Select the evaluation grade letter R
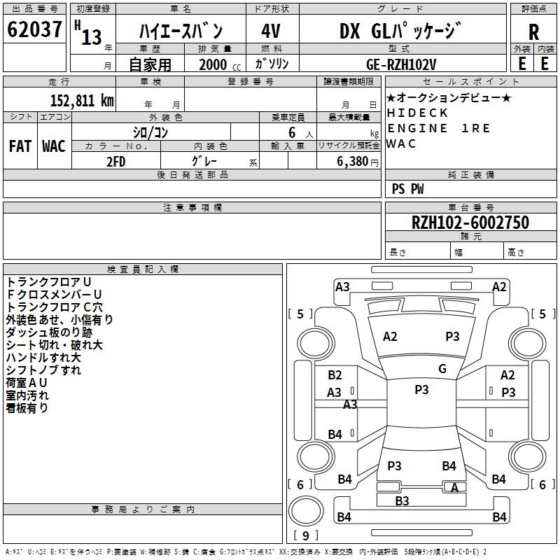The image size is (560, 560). point(533,31)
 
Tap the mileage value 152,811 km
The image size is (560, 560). point(82,100)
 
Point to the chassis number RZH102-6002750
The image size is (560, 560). point(470,223)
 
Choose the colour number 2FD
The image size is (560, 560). point(115,160)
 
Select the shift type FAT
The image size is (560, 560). point(20,146)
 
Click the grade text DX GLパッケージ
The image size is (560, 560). point(400,31)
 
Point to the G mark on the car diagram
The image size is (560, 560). point(442,368)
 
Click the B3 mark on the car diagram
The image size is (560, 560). point(402,500)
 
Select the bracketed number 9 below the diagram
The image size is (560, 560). point(304,535)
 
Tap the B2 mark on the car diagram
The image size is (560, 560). point(335,375)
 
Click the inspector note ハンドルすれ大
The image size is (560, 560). point(43,357)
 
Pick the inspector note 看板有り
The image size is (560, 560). point(27,407)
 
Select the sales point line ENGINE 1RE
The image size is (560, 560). point(439,128)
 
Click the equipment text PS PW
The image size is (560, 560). point(407,189)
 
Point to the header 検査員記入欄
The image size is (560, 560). point(143,269)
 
